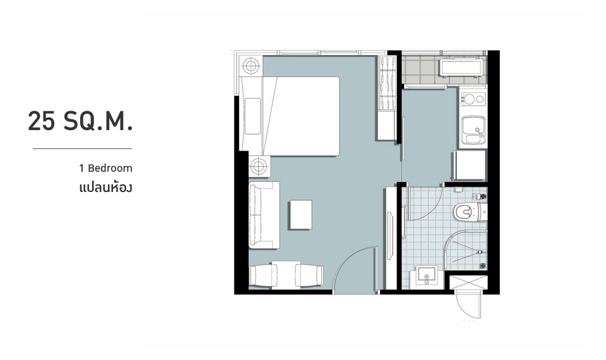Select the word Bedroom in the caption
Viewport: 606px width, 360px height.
coord(110,169)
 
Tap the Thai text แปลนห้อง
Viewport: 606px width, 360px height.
coord(105,188)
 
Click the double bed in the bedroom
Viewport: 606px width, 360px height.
coord(290,116)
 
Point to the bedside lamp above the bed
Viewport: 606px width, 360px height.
coord(250,66)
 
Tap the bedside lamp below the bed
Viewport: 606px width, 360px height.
coord(259,166)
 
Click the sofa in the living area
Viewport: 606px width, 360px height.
coord(264,215)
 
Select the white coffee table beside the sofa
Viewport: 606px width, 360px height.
coord(301,215)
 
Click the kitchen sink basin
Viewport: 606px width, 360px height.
coord(473,131)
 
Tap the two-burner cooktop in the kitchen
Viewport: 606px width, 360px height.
coord(473,99)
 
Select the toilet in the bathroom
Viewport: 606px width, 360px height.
coord(470,212)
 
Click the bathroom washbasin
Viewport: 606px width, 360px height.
coord(427,276)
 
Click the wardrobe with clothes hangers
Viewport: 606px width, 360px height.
coord(387,83)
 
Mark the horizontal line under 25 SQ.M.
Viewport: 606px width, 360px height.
coord(82,148)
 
